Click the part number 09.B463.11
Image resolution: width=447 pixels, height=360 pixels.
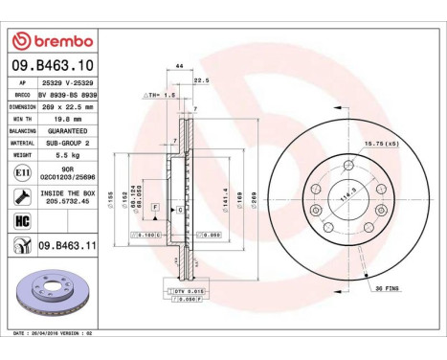(x=69, y=246)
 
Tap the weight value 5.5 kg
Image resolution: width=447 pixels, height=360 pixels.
(x=64, y=153)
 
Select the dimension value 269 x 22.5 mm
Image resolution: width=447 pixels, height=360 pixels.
(x=67, y=106)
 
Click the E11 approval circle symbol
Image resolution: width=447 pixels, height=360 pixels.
(x=21, y=172)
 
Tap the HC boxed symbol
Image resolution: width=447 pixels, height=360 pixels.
(x=21, y=220)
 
